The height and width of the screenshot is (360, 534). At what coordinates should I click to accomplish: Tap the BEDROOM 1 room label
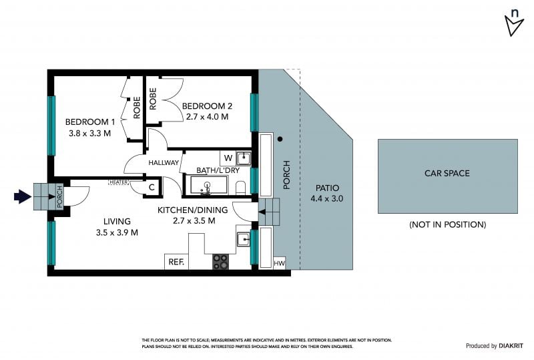pyautogui.click(x=90, y=122)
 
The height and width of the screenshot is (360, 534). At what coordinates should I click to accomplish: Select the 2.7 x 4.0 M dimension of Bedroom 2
pyautogui.click(x=207, y=117)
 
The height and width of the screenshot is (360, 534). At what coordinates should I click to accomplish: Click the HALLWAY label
pyautogui.click(x=164, y=163)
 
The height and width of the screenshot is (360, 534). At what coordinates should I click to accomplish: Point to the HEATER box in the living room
pyautogui.click(x=119, y=182)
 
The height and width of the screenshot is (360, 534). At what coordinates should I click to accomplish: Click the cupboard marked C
pyautogui.click(x=152, y=187)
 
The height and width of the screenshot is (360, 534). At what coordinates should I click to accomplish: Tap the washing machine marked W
pyautogui.click(x=228, y=158)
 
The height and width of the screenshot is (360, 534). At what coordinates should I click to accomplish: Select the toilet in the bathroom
pyautogui.click(x=240, y=188)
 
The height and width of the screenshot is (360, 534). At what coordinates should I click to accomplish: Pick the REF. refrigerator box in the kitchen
pyautogui.click(x=176, y=261)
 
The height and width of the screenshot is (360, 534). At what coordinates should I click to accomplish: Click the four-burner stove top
pyautogui.click(x=220, y=262)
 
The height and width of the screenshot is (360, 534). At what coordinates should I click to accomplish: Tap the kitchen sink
pyautogui.click(x=244, y=239)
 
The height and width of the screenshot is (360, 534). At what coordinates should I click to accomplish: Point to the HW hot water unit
pyautogui.click(x=279, y=263)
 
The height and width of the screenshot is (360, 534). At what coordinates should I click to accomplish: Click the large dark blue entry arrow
pyautogui.click(x=23, y=196)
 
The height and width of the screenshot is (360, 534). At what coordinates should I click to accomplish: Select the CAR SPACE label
pyautogui.click(x=447, y=173)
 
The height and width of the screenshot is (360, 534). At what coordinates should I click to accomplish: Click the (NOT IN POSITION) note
pyautogui.click(x=447, y=224)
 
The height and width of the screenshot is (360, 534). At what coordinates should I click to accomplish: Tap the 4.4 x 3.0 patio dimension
pyautogui.click(x=326, y=198)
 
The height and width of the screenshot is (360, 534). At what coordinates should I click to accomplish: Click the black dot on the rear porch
pyautogui.click(x=280, y=139)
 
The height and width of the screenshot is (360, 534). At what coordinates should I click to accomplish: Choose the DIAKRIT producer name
pyautogui.click(x=511, y=346)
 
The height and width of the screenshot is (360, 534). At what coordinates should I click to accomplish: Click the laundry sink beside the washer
pyautogui.click(x=244, y=158)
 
